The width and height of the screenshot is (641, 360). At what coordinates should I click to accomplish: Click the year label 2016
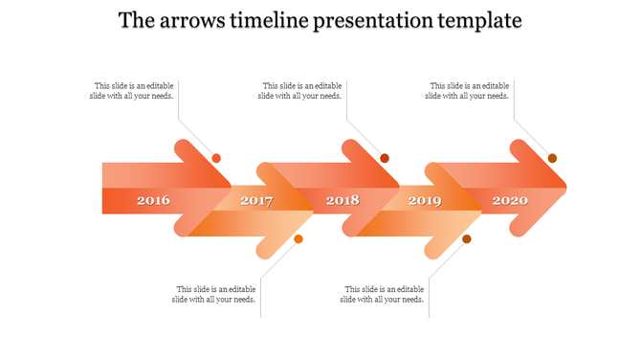tap(153, 201)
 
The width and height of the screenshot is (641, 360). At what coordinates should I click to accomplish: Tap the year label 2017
tap(256, 201)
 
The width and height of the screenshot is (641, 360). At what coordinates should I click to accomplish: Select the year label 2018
tap(343, 201)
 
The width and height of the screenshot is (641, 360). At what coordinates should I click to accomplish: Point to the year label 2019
tap(425, 201)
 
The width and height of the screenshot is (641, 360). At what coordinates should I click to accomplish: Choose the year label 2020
tap(509, 201)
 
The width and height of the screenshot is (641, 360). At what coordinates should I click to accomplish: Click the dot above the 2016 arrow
tap(216, 158)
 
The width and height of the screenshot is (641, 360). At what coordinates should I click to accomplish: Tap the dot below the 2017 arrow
tap(298, 238)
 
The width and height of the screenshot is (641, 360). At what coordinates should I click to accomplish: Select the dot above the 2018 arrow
tap(385, 158)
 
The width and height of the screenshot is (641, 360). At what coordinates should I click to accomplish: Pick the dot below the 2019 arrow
tap(467, 238)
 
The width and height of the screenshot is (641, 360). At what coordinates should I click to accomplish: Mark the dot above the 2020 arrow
tap(552, 158)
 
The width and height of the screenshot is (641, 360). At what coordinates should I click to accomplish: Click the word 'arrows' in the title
tap(195, 20)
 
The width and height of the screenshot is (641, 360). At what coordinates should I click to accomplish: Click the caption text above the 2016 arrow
tap(134, 91)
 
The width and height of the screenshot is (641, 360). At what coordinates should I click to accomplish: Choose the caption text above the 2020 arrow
tap(468, 91)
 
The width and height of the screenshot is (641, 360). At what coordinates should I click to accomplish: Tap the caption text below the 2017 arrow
tap(215, 294)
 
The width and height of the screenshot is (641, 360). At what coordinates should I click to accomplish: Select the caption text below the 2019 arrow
tap(383, 294)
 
